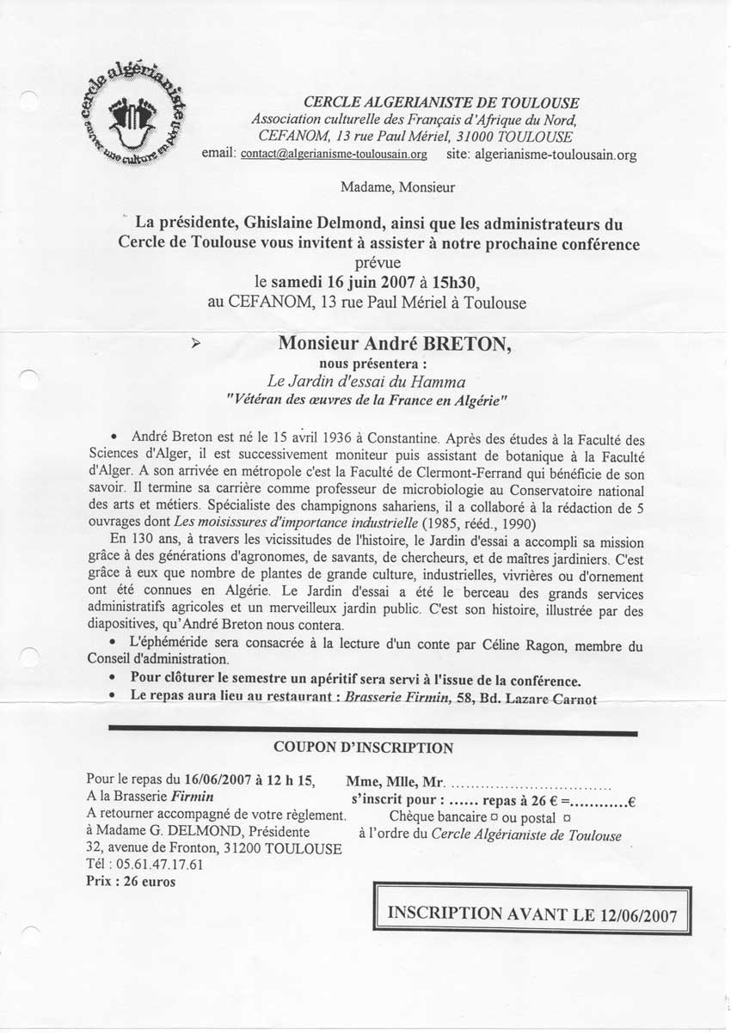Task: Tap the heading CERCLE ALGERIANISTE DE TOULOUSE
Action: click(441, 103)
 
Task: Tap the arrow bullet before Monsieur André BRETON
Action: click(196, 342)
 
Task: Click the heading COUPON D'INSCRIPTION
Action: click(363, 749)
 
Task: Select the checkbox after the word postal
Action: click(566, 817)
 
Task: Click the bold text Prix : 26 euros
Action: click(130, 882)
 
